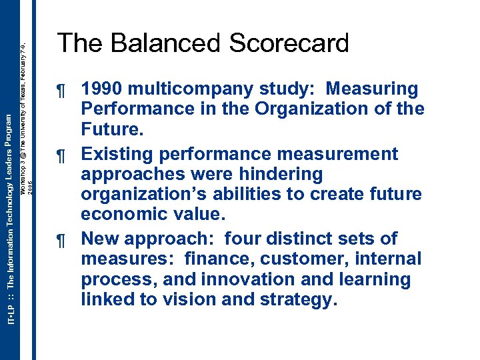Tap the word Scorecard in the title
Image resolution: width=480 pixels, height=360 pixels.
pyautogui.click(x=289, y=43)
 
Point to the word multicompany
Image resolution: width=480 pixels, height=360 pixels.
pyautogui.click(x=190, y=89)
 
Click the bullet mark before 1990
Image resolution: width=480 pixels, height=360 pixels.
pyautogui.click(x=63, y=90)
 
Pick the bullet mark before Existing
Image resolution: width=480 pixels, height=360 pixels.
pyautogui.click(x=63, y=155)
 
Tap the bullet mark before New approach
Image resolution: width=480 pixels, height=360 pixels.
pyautogui.click(x=63, y=240)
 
